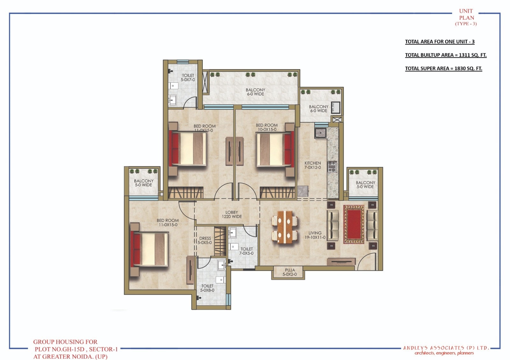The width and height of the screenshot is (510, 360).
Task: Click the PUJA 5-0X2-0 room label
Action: [290, 272]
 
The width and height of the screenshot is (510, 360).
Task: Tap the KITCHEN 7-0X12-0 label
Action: [313, 165]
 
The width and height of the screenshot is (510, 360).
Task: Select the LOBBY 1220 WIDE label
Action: [232, 214]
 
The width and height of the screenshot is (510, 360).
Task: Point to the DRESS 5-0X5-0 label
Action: [205, 241]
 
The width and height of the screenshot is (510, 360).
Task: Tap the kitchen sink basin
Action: [321, 133]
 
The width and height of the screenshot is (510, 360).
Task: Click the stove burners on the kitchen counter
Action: [332, 166]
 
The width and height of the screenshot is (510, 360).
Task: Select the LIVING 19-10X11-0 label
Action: [315, 235]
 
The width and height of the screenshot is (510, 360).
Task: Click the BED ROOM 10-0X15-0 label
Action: [266, 127]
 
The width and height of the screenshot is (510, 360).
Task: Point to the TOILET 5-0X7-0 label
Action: [188, 77]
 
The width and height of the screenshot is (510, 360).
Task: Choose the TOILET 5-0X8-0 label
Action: [207, 288]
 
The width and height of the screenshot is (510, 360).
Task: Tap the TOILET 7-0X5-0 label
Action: [246, 251]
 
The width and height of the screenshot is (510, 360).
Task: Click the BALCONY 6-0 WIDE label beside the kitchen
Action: [318, 109]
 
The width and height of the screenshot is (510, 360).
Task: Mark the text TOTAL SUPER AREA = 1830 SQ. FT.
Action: [443, 68]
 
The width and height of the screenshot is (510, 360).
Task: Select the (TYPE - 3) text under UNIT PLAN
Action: [466, 24]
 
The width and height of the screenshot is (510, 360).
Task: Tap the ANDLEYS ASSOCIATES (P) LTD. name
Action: [446, 348]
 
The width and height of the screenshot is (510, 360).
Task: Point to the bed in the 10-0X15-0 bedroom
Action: [275, 149]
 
